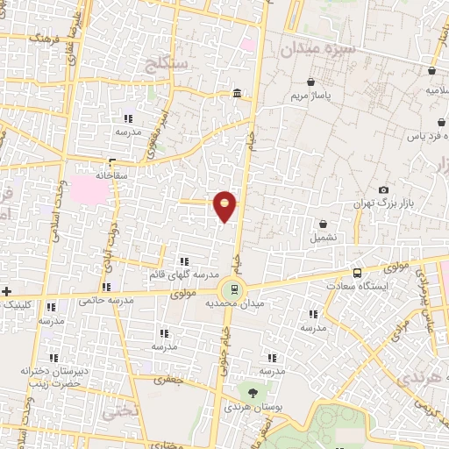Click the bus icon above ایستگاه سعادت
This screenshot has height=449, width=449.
pyautogui.click(x=357, y=273)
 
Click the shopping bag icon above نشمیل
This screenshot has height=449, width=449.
pyautogui.click(x=324, y=224)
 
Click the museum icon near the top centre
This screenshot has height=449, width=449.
pyautogui.click(x=238, y=94)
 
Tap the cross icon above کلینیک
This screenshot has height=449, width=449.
pyautogui.click(x=8, y=291)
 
